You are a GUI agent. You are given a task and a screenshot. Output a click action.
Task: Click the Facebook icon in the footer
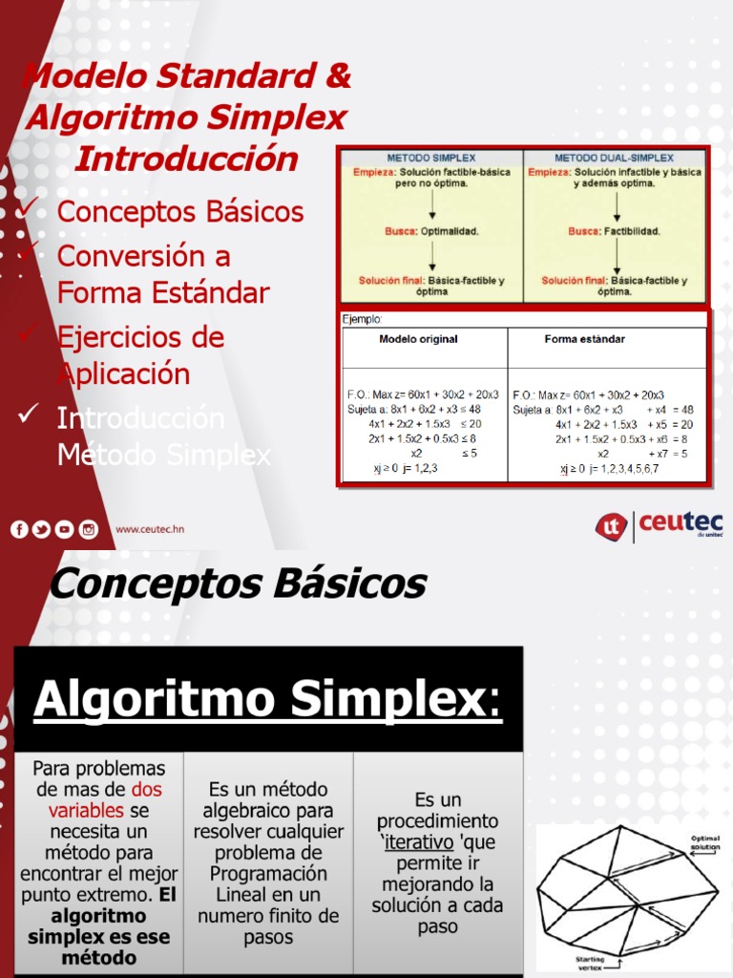19,530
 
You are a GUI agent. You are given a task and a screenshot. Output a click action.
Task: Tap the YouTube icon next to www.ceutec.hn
64,530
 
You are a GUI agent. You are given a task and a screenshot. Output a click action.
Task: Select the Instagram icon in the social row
88,530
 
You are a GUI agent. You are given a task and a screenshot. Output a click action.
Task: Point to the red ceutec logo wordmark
681,523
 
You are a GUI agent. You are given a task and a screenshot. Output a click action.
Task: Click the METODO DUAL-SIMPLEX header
614,158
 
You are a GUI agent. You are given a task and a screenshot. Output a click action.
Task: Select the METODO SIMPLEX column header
431,158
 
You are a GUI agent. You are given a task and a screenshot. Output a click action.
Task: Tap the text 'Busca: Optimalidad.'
431,231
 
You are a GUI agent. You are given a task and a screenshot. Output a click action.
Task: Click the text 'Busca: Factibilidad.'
614,231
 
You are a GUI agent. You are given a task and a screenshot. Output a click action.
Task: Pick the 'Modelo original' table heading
418,339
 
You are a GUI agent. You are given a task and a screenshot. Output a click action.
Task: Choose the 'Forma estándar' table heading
585,339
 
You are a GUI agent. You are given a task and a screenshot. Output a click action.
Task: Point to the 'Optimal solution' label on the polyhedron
705,842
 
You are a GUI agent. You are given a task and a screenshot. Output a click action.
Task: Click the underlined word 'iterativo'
419,842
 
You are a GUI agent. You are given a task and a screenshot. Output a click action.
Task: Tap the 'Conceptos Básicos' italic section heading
237,583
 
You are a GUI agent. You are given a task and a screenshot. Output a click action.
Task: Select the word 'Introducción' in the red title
186,159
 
